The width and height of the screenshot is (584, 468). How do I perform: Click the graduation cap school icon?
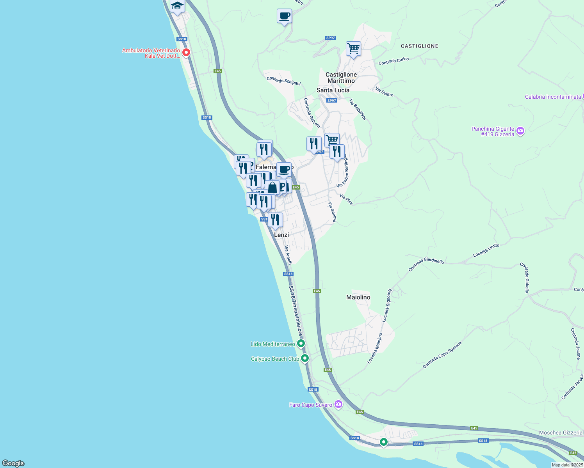177,6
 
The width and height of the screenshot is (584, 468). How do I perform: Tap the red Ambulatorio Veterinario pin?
186,52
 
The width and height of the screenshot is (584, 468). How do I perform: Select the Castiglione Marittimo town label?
341,78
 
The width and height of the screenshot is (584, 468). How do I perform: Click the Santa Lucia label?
333,90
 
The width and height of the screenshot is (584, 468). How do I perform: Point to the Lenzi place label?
281,235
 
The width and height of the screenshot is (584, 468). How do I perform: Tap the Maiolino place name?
358,297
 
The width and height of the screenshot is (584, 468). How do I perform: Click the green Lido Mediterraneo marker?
301,344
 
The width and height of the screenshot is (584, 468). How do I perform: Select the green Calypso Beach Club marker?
305,358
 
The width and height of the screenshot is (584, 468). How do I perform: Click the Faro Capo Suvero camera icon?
338,404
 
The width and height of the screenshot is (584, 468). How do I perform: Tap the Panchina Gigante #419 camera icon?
520,131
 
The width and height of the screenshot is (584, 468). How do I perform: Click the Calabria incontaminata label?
553,97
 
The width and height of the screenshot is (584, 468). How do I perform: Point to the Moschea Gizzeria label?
561,433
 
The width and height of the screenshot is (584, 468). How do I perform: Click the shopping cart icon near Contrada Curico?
353,49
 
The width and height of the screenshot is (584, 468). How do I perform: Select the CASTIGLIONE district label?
420,46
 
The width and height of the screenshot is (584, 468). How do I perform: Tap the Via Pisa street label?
346,199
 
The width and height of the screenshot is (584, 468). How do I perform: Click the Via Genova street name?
332,212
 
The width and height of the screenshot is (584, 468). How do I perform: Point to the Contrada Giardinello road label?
426,264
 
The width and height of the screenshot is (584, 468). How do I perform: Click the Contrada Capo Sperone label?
442,355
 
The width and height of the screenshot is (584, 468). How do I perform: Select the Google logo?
13,463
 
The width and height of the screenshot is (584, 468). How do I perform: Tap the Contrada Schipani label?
284,81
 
